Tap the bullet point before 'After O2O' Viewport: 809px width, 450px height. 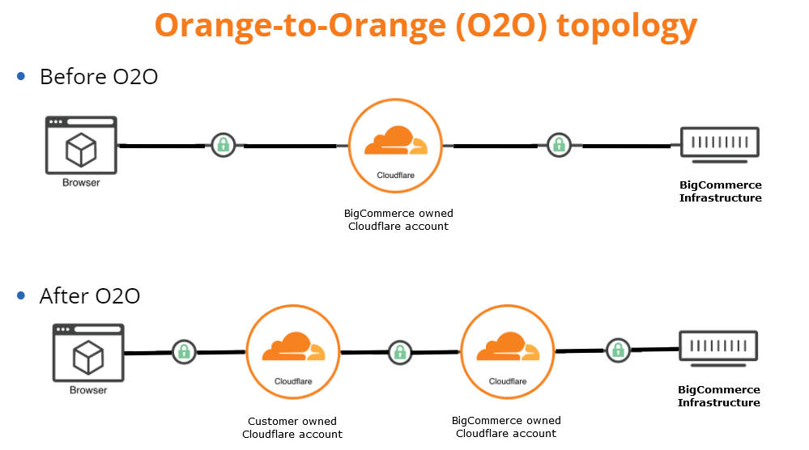22,295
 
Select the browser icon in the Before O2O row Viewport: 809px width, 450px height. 81,146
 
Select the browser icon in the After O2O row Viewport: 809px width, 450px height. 87,353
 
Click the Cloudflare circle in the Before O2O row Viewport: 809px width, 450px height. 396,146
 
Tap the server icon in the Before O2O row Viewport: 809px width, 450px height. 719,143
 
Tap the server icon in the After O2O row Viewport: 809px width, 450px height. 718,347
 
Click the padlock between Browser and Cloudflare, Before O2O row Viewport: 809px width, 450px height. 224,145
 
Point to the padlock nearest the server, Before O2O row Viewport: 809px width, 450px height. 558,145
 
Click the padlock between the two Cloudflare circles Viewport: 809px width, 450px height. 399,351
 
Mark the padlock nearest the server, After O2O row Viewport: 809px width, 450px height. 618,350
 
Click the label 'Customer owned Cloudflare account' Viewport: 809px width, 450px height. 292,427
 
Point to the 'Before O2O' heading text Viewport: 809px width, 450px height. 98,77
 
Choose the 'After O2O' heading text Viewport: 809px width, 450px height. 90,296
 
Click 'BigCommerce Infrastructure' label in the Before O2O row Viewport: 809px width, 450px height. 720,192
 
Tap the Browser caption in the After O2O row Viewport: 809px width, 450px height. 88,390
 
